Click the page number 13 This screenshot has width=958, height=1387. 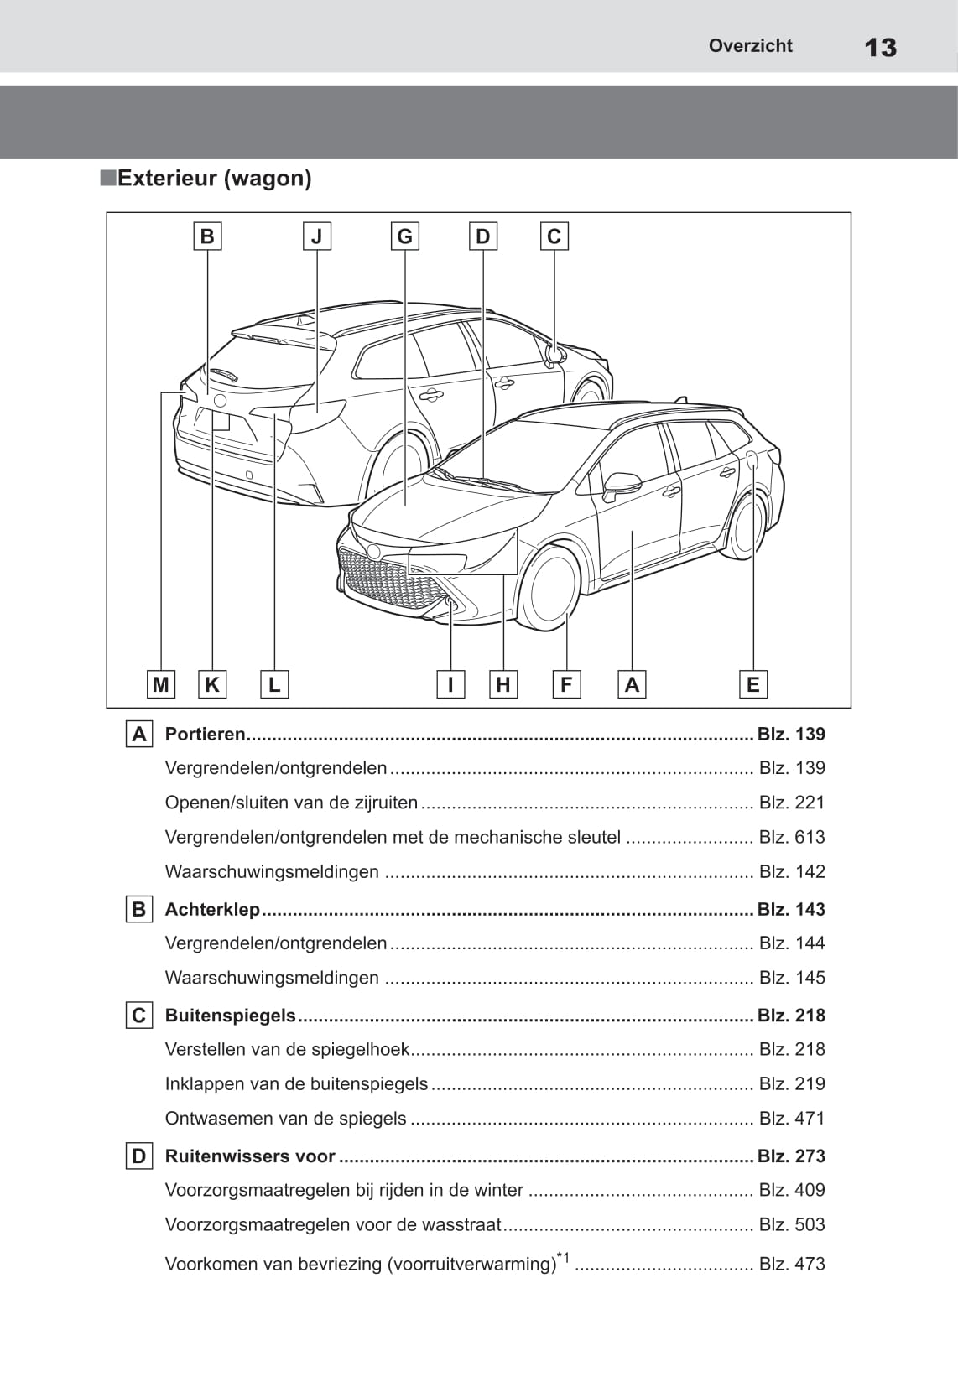click(880, 48)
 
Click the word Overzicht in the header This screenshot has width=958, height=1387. click(750, 46)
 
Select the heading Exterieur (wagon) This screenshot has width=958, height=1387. click(214, 178)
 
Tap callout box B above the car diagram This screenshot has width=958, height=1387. click(207, 236)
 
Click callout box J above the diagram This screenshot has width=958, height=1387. click(316, 236)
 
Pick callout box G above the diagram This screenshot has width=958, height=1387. click(404, 236)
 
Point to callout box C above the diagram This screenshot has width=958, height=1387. click(554, 236)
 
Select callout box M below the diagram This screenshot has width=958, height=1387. click(160, 684)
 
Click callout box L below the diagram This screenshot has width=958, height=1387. click(274, 684)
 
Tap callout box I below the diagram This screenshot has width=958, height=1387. click(450, 684)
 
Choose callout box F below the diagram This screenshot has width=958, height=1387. click(566, 684)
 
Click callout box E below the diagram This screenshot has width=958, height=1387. click(752, 684)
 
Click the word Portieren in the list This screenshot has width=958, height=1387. click(205, 734)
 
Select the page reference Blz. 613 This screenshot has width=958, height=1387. click(791, 837)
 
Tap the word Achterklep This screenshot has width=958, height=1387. click(212, 909)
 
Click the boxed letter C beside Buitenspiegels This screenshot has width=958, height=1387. click(138, 1016)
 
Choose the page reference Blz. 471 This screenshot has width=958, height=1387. click(791, 1118)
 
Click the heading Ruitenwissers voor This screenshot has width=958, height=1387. click(250, 1156)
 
